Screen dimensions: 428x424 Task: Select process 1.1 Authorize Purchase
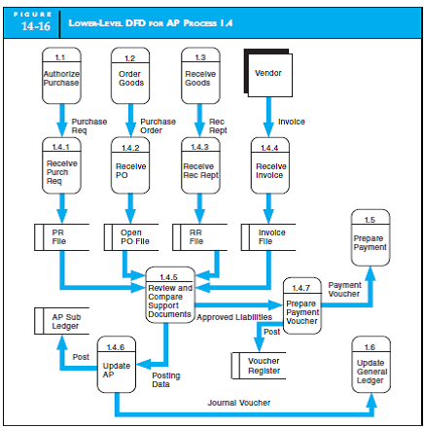click(x=61, y=77)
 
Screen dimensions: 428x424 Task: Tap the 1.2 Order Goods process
click(x=130, y=77)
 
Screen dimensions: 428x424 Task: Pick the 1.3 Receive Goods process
click(x=200, y=77)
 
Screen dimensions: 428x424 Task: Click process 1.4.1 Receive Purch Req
click(x=61, y=166)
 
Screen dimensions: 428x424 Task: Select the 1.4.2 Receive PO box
click(x=130, y=166)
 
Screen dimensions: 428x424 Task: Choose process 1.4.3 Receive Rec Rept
click(x=200, y=166)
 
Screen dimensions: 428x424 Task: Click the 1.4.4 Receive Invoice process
click(x=269, y=166)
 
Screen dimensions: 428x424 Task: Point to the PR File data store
click(x=63, y=237)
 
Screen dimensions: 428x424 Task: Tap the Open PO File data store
click(x=132, y=237)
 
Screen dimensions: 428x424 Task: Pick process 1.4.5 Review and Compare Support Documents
click(x=169, y=295)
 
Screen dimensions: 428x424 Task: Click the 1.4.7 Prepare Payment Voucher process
click(x=301, y=306)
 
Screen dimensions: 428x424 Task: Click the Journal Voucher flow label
click(x=240, y=402)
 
